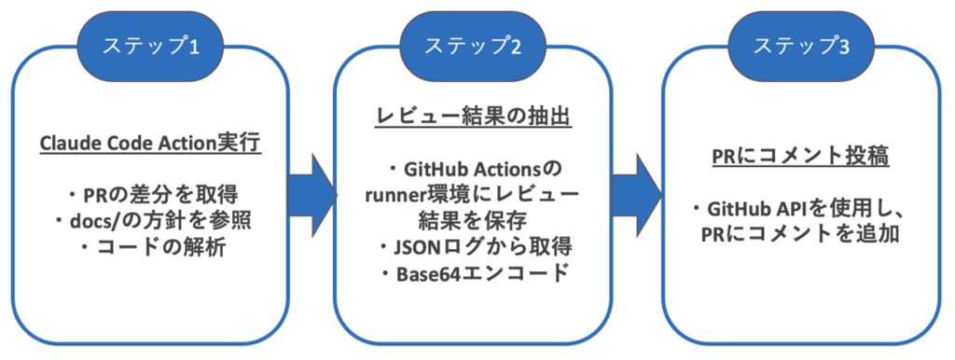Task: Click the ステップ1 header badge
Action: coord(150,46)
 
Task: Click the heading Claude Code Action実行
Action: coord(150,145)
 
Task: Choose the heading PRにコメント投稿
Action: coord(799,158)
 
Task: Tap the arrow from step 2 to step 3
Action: coord(636,195)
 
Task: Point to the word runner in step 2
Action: coord(394,195)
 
